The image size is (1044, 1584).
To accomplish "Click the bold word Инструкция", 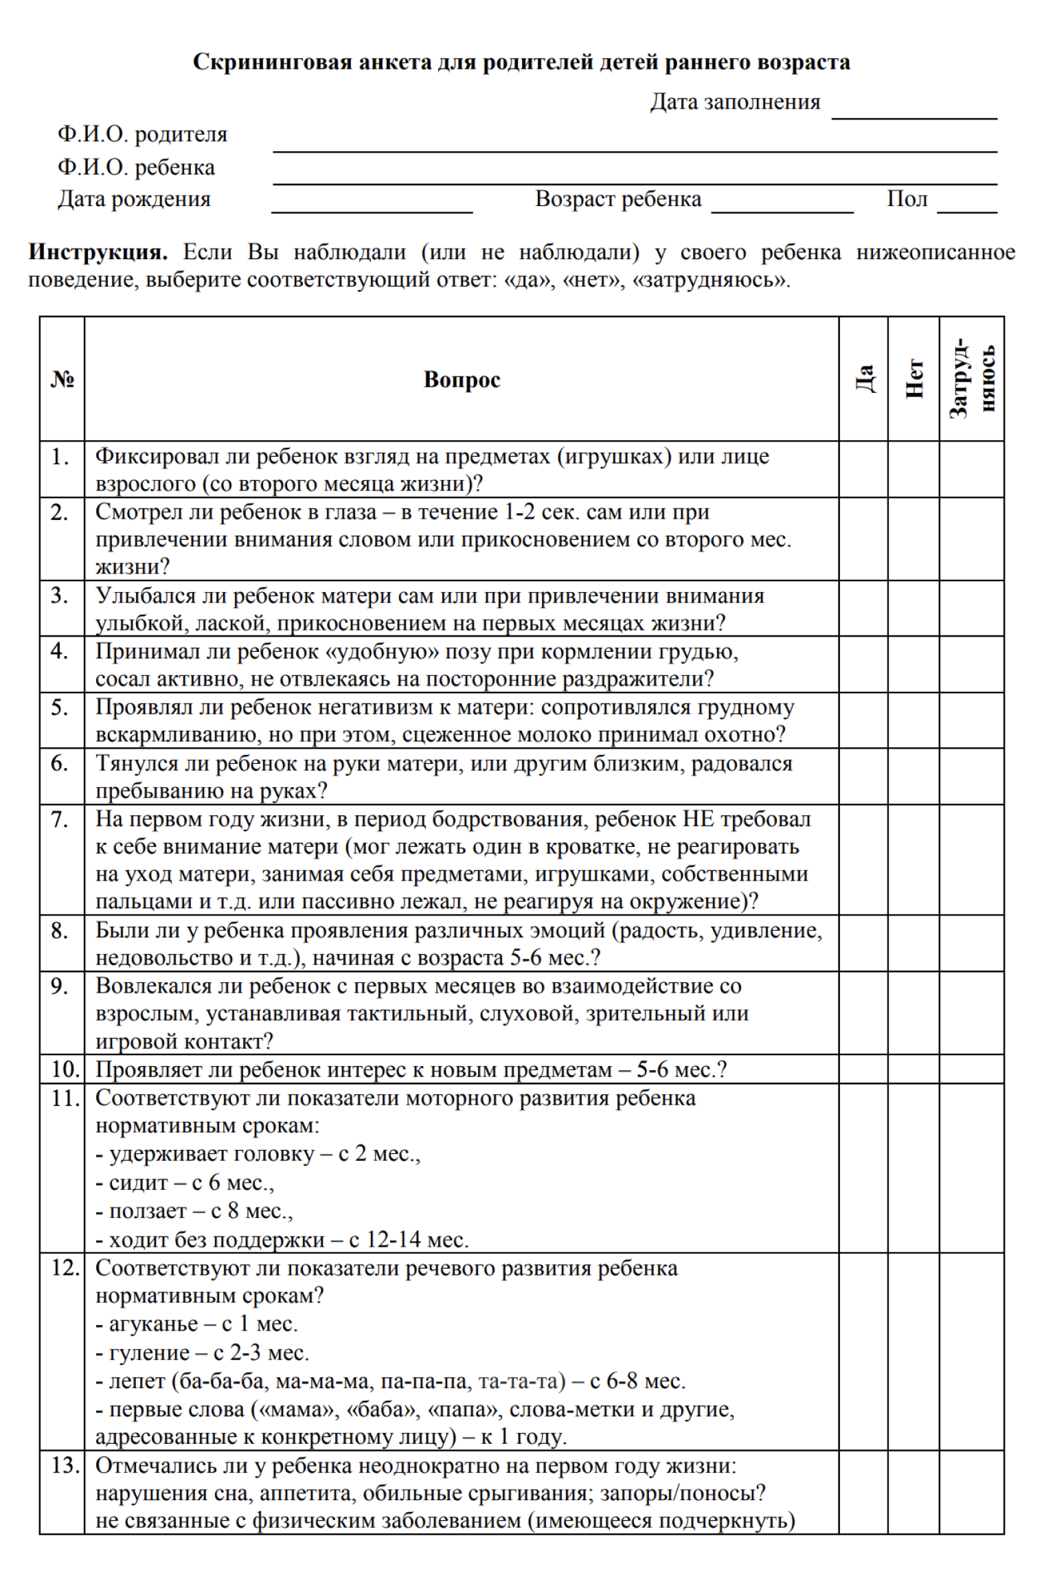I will (98, 252).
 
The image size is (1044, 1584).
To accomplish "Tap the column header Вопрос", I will (462, 379).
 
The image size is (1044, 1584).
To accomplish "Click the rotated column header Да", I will (863, 378).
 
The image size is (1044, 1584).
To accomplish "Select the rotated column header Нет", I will (913, 378).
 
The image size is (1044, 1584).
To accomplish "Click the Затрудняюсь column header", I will (971, 378).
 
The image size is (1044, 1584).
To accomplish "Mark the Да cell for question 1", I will (863, 469).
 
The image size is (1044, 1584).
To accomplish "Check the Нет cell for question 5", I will (913, 720).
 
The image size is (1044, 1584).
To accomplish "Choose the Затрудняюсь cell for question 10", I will (971, 1069).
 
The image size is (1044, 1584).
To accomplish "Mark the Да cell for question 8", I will (863, 943).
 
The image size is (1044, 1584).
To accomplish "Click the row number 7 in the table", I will (60, 819).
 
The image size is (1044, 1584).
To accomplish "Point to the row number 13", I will (64, 1466).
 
